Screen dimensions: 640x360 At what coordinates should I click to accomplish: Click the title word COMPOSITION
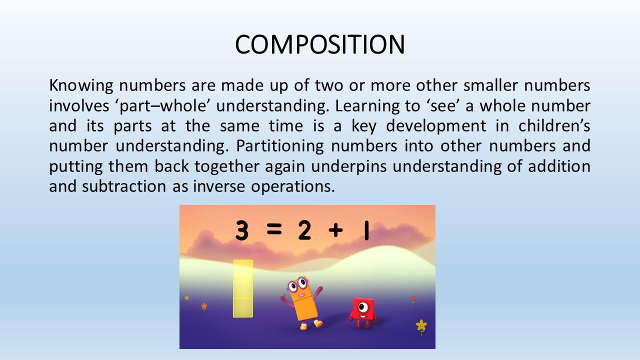coord(319,44)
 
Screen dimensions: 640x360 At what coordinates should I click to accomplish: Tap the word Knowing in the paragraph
coord(81,86)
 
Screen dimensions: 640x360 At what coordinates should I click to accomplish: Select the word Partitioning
coord(280,146)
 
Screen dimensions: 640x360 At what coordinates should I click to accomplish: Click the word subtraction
coord(124,186)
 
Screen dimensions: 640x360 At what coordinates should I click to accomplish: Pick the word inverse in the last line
coord(219,186)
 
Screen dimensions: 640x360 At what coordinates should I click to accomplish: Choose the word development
coord(436,126)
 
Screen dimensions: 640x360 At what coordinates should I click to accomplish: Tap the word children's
coord(554,125)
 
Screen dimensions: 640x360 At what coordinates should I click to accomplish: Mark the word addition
coord(559,166)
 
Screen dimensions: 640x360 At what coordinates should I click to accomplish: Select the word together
coord(227,167)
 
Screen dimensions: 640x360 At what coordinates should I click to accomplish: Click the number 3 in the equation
coord(241,230)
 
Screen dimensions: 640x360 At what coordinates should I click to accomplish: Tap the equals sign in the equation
coord(274,229)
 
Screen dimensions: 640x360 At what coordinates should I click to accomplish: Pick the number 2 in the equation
coord(304,230)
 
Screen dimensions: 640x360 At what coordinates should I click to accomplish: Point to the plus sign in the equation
coord(335,230)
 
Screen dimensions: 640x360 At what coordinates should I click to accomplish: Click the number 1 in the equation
coord(366,230)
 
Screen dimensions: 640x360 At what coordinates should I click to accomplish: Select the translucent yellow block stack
coord(243,288)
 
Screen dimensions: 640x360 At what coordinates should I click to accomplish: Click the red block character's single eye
coord(363,307)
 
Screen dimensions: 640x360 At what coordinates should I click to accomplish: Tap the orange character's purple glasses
coord(297,284)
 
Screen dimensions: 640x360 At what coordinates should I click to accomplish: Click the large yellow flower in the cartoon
coord(421,325)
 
